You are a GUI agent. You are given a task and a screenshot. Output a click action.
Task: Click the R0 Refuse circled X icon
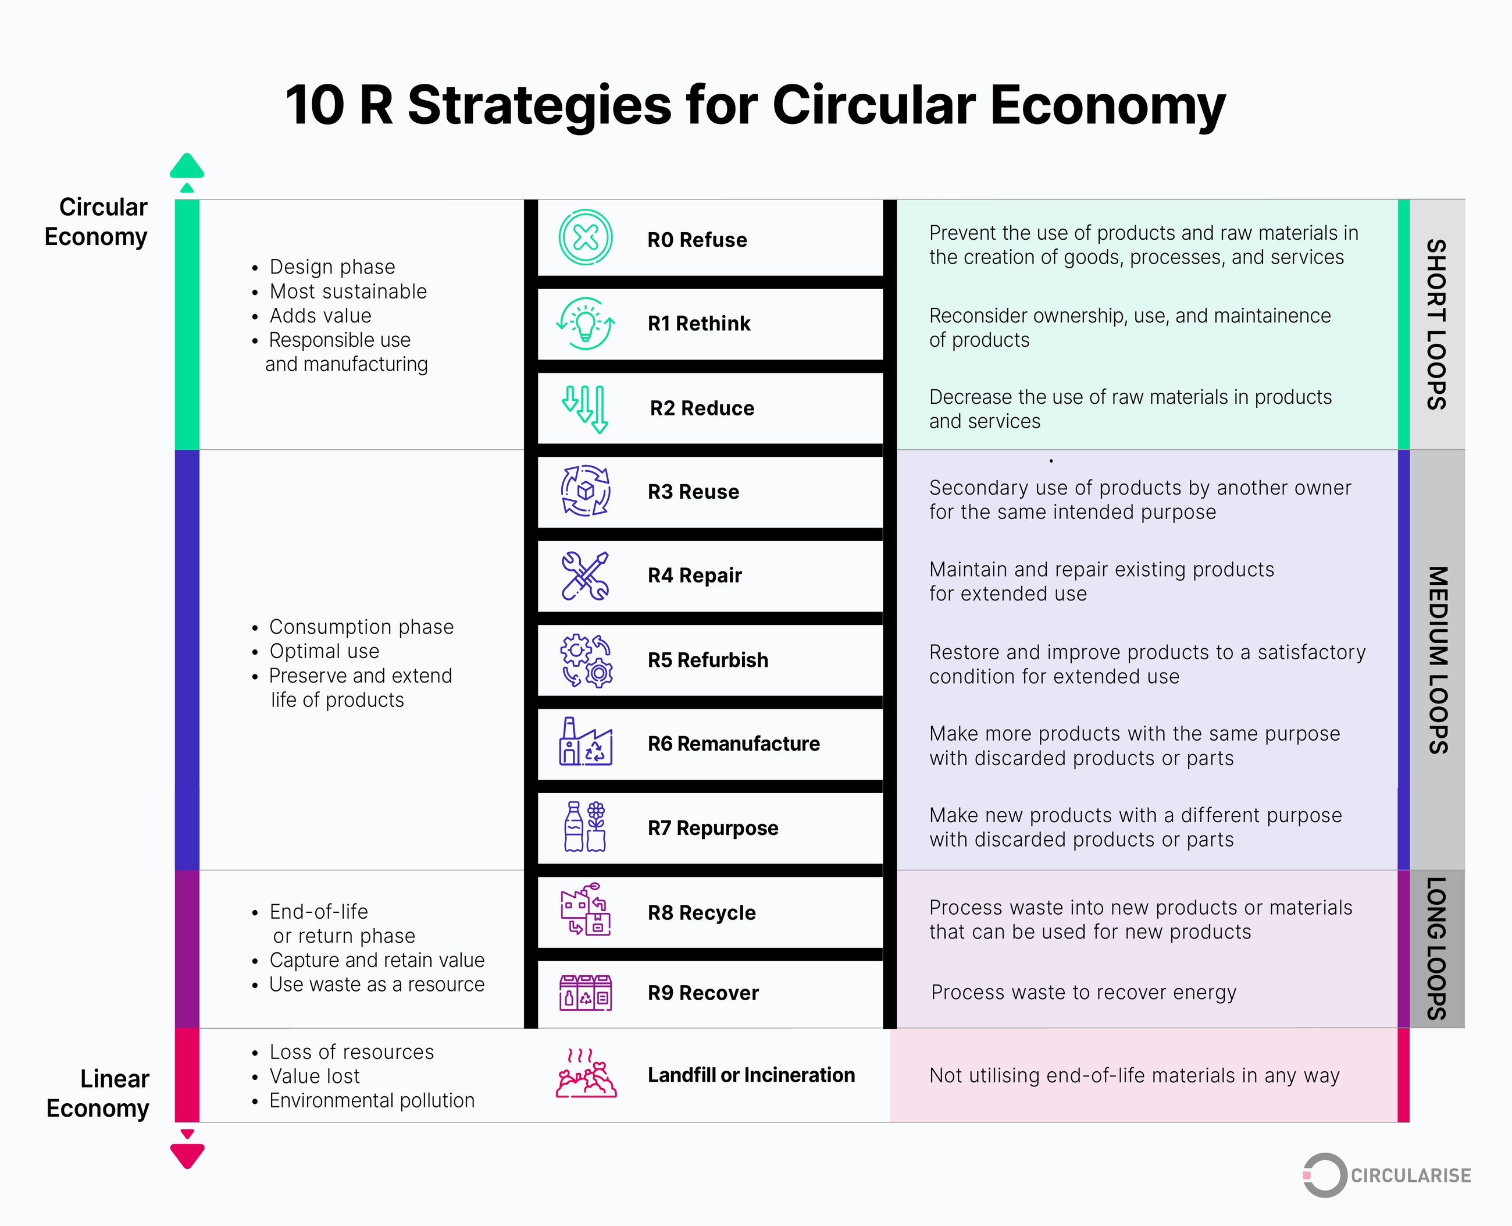[585, 237]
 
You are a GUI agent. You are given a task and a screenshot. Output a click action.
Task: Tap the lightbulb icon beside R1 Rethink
[585, 324]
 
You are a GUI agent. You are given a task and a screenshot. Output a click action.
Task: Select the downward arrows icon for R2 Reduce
[585, 409]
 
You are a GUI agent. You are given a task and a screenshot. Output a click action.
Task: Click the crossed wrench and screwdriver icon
[585, 575]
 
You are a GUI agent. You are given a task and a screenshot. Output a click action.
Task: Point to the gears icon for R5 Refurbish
[586, 660]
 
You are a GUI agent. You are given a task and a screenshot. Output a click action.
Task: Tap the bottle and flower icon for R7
[585, 826]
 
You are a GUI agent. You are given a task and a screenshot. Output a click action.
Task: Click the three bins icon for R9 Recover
[585, 992]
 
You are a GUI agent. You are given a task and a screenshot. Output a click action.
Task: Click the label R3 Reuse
[693, 492]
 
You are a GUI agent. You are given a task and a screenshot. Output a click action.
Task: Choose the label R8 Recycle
[702, 912]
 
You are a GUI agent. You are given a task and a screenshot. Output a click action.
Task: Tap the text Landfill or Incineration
[751, 1075]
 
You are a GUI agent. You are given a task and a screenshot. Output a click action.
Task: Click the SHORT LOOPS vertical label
[1436, 324]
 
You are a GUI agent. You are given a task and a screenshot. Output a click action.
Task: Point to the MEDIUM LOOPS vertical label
[1437, 660]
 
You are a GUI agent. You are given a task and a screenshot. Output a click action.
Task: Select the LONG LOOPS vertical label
[1436, 948]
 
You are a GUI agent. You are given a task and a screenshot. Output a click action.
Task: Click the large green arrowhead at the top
[187, 166]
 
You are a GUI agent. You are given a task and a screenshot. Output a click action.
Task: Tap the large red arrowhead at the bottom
[187, 1156]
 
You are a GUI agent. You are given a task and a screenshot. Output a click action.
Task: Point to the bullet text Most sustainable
[348, 291]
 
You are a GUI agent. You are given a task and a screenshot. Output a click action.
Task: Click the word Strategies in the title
[539, 105]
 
